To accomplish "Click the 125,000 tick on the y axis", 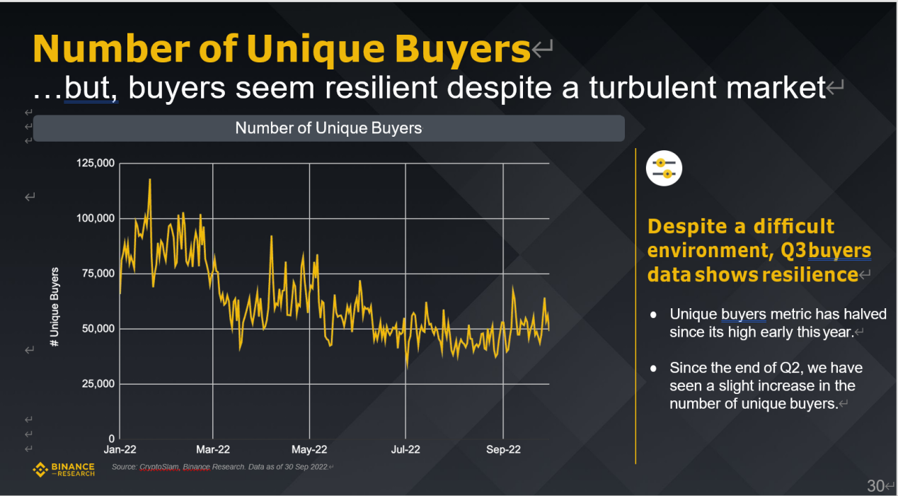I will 96,164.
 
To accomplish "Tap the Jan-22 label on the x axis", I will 120,450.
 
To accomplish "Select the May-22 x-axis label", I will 309,450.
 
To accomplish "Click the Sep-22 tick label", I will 502,450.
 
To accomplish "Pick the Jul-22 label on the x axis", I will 405,450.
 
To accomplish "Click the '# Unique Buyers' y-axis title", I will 54,308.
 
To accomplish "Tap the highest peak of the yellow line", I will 150,180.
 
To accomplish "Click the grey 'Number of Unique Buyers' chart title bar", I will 328,128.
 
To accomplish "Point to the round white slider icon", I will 664,168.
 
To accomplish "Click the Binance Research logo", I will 64,469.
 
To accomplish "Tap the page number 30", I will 875,485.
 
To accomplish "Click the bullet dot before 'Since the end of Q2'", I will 655,368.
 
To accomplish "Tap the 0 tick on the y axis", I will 111,439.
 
